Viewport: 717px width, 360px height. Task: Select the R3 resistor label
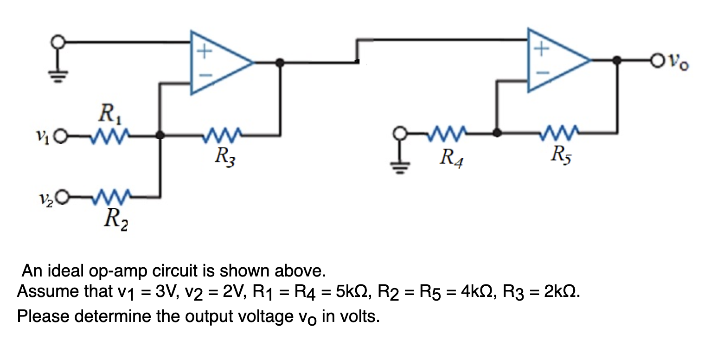[227, 157]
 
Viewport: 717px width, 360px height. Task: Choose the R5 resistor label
[561, 155]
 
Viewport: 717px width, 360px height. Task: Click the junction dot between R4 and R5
[497, 133]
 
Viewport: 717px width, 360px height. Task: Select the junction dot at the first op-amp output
[279, 62]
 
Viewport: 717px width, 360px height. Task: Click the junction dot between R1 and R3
[160, 135]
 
